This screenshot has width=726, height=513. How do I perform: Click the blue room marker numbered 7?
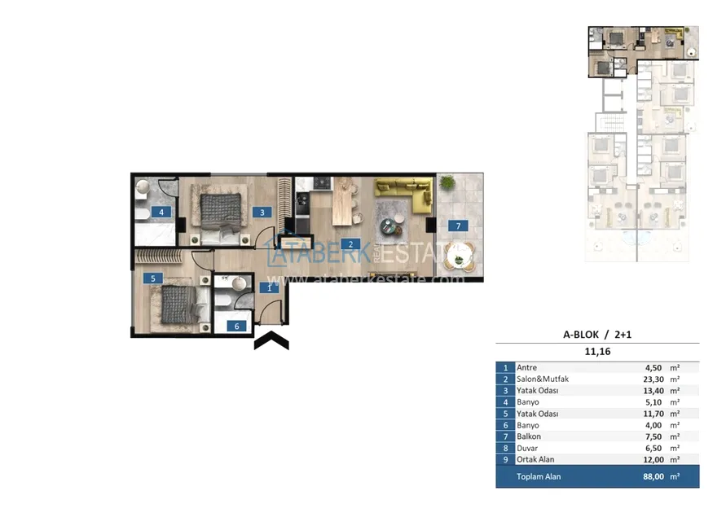458,226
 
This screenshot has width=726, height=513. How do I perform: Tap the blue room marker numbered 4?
161,213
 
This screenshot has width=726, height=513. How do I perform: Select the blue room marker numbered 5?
153,278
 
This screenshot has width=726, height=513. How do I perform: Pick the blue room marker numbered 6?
236,326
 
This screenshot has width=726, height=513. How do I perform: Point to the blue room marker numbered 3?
262,213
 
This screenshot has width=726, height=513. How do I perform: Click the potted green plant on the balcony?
447,182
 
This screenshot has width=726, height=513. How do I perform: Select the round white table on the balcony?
459,255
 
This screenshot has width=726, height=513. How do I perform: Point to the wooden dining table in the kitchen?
342,201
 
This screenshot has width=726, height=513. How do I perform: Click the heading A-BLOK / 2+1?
596,335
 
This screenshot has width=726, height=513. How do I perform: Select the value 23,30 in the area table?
653,379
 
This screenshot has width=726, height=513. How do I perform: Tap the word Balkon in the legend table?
529,436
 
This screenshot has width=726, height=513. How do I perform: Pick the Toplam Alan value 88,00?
653,476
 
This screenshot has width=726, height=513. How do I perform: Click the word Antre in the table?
527,368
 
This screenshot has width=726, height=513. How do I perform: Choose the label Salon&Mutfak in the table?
543,379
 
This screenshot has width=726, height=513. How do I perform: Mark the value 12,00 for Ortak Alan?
653,460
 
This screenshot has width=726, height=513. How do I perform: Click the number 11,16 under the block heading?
597,352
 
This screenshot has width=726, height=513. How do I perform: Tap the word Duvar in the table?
527,448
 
